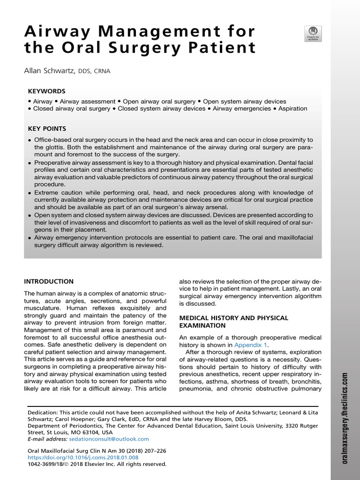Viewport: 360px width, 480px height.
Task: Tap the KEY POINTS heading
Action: pyautogui.click(x=47, y=128)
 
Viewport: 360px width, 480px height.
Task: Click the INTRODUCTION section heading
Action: pyautogui.click(x=49, y=281)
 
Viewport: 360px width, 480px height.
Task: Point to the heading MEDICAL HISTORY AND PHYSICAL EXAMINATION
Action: pyautogui.click(x=234, y=322)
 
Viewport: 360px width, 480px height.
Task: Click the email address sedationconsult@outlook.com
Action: pyautogui.click(x=112, y=439)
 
